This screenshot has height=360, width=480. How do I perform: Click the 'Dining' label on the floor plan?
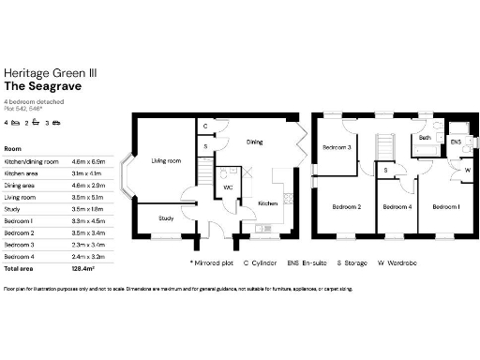(x=254, y=142)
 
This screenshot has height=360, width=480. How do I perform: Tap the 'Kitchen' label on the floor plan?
(x=267, y=202)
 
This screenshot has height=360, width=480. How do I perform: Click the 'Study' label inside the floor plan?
(x=165, y=218)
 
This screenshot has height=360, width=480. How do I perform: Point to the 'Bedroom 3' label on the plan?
(x=337, y=147)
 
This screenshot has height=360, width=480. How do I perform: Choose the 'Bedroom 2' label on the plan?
(x=346, y=207)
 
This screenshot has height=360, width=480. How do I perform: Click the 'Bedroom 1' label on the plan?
(x=444, y=206)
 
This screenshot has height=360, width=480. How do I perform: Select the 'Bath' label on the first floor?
(x=425, y=138)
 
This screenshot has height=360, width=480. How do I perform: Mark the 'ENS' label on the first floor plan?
(x=456, y=142)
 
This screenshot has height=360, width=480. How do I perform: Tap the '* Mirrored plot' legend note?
(x=211, y=263)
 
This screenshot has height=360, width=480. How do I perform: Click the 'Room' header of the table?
(x=13, y=148)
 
